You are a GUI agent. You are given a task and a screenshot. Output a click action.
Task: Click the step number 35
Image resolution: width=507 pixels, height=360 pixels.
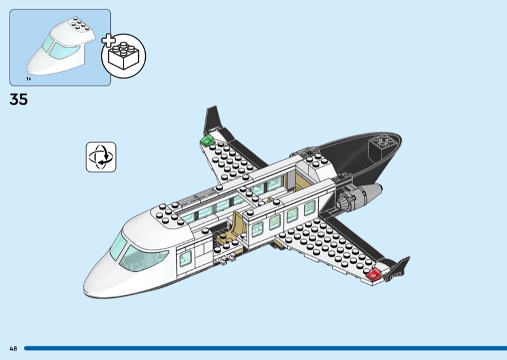tap(19, 100)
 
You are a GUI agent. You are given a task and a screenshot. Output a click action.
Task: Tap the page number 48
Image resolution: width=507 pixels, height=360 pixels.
tap(13, 348)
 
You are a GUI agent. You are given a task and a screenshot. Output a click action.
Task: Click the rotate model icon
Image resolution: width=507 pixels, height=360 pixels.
tap(101, 157)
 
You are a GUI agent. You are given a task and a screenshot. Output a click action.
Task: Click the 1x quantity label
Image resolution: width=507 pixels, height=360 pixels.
tap(29, 78)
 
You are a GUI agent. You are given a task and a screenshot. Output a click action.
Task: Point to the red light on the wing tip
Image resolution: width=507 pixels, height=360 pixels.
tap(373, 273)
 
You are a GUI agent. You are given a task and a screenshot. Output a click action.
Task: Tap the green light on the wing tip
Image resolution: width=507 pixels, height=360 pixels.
tap(207, 140)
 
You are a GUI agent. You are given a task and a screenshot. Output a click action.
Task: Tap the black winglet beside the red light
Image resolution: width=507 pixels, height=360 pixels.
tap(397, 267)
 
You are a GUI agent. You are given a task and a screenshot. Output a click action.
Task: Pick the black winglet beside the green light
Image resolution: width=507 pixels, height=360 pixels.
tap(212, 120)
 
